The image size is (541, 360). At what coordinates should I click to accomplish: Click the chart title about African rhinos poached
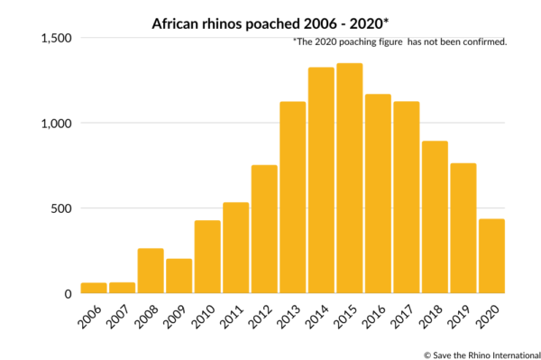[270, 19]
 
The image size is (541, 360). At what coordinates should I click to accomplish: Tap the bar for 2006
[94, 288]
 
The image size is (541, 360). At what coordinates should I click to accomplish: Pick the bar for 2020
[491, 256]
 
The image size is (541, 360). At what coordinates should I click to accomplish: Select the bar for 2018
[435, 217]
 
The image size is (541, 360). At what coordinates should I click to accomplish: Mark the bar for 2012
[264, 229]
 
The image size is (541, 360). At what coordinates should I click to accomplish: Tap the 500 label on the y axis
[60, 208]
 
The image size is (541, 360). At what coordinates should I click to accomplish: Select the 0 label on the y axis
[68, 293]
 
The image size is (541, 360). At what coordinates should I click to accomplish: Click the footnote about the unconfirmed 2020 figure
[400, 42]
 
